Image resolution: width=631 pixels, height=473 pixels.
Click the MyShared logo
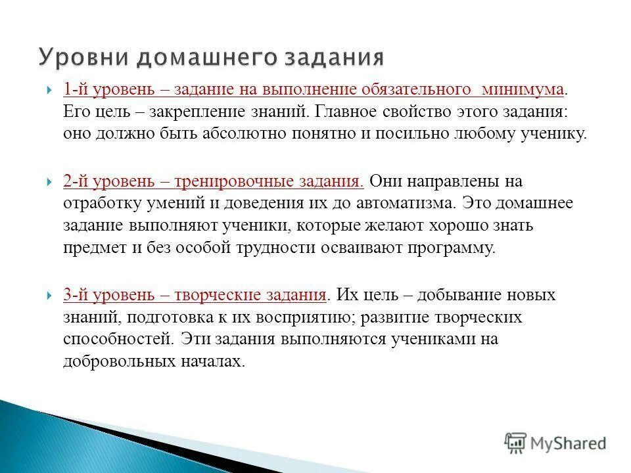coord(555,443)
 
